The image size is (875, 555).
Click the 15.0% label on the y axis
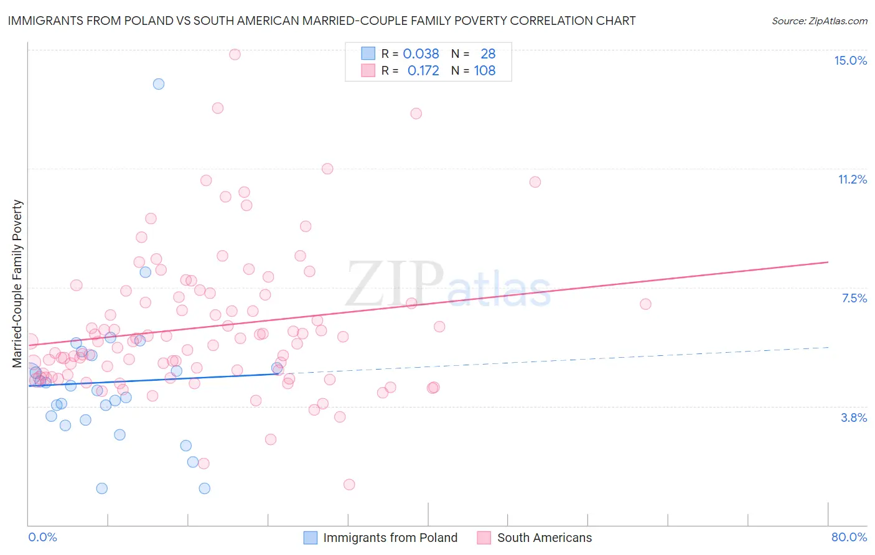850,60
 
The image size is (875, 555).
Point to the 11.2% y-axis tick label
852,179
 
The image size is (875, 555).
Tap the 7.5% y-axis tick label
854,298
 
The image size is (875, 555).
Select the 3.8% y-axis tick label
854,417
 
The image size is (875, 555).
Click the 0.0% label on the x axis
42,537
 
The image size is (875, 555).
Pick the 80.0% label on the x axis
849,537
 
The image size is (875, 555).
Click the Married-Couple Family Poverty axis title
17,283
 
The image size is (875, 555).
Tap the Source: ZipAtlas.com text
819,21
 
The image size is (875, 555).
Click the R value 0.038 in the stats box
421,54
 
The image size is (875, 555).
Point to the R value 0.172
423,71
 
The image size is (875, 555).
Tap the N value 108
485,71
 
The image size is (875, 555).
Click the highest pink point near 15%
235,54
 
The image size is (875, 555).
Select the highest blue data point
159,84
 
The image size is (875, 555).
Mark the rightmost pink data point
645,304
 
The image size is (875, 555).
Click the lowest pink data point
349,485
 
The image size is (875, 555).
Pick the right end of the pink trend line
828,262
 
